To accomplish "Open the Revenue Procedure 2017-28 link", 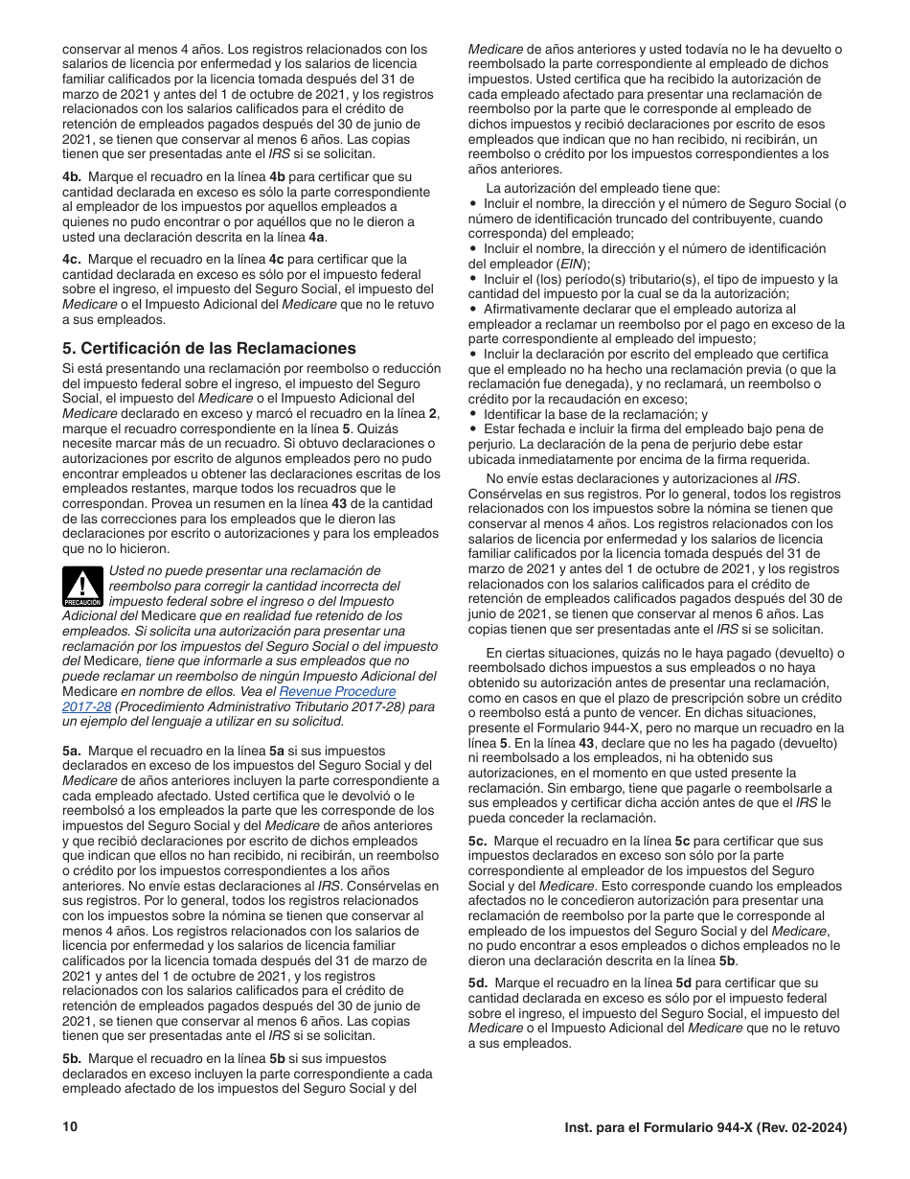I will (x=336, y=691).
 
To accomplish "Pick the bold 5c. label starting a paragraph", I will (x=478, y=841).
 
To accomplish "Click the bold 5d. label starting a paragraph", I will (x=478, y=982).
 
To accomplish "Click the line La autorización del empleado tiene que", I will (x=603, y=188).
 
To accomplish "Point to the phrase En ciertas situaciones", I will (x=548, y=653).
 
